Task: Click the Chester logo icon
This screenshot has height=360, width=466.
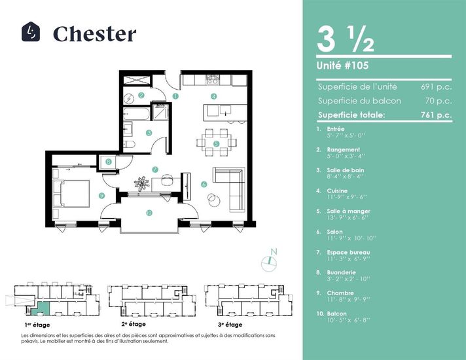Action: tap(31, 31)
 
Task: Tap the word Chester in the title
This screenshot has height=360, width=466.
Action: tap(94, 34)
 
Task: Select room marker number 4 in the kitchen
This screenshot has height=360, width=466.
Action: tap(213, 96)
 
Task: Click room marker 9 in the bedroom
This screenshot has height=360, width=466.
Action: tap(101, 196)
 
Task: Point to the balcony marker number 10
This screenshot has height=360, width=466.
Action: tap(149, 213)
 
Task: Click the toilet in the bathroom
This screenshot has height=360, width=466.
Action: tap(130, 145)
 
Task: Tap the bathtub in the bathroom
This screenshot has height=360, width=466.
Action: tap(136, 114)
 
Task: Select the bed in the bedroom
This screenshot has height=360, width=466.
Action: tap(71, 194)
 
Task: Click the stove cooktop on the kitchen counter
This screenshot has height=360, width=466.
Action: tap(213, 79)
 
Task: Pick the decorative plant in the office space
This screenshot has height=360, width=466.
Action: tap(142, 184)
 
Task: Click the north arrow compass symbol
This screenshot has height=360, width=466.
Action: tap(269, 262)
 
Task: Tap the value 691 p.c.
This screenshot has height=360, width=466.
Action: tap(436, 87)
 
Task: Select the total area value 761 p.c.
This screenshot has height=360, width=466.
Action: tap(436, 115)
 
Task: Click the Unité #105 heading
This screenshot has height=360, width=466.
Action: tap(342, 65)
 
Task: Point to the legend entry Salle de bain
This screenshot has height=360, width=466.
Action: tap(346, 170)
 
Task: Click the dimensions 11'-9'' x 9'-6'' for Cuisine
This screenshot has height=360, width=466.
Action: tap(347, 197)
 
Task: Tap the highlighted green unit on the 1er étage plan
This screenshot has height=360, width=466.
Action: tap(41, 308)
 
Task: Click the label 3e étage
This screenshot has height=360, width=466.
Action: tap(230, 325)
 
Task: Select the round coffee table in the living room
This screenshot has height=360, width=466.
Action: tap(214, 200)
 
